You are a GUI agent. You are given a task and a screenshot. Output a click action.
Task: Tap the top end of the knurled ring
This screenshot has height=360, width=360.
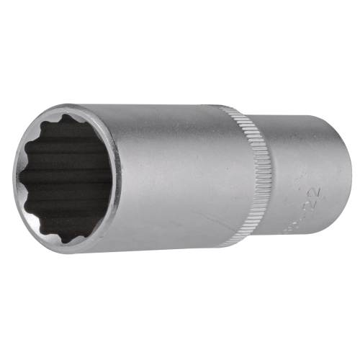click(x=232, y=110)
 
